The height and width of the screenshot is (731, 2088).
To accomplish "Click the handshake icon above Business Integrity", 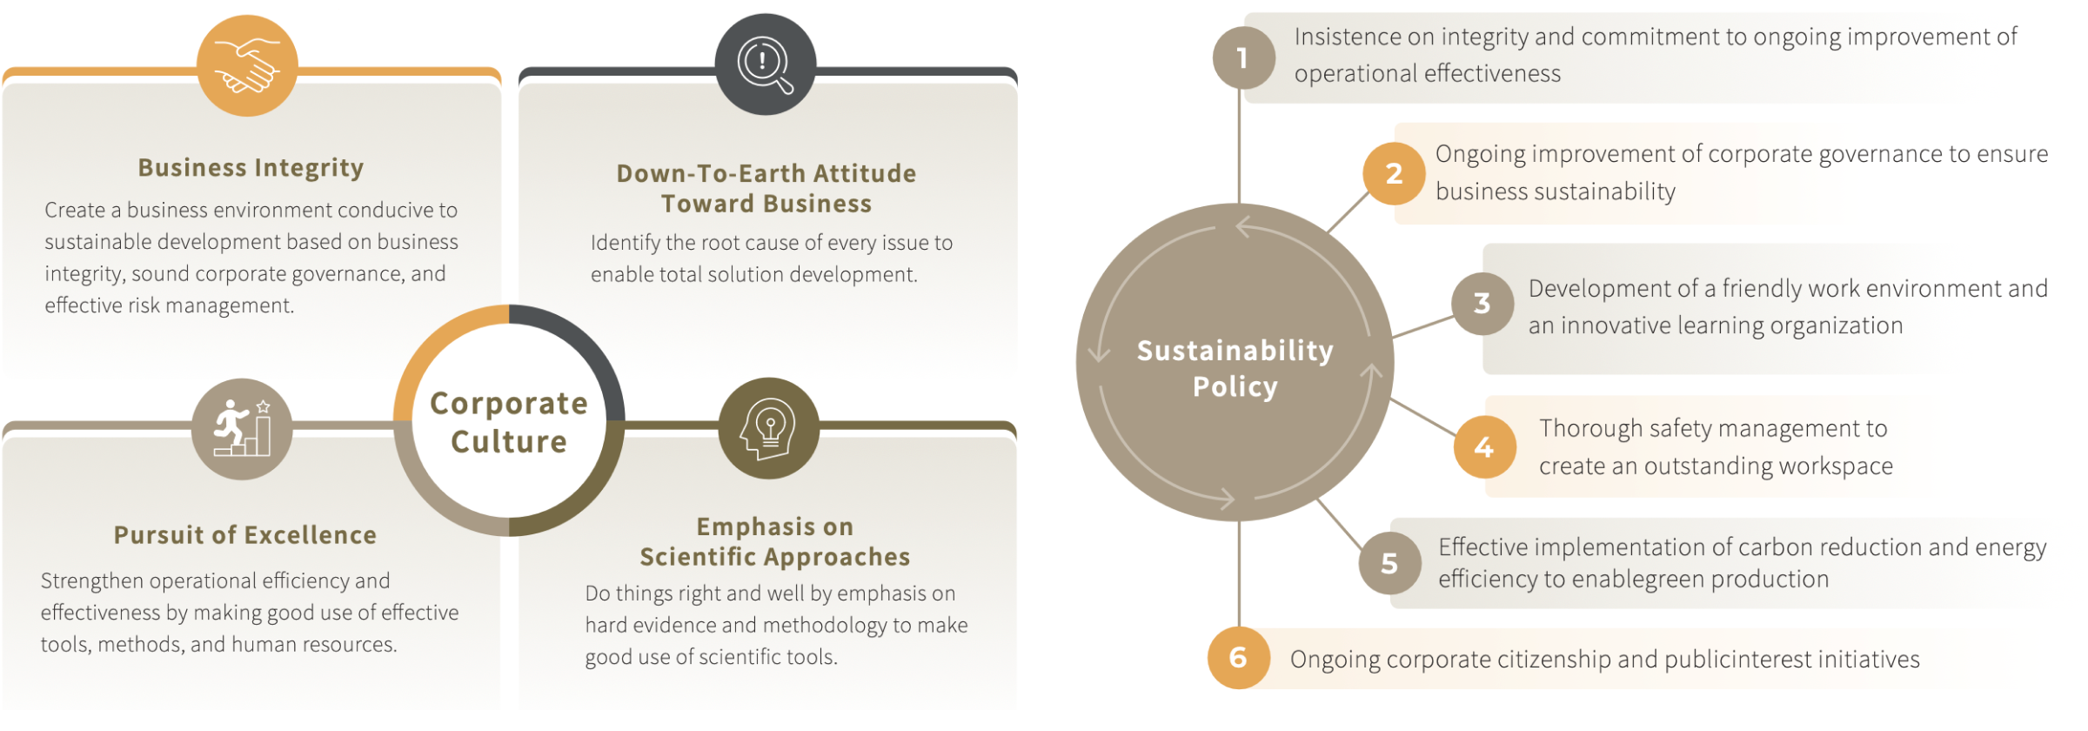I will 247,66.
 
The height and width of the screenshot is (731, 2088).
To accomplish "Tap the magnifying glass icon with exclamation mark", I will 766,64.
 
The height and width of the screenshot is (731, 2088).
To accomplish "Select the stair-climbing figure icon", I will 242,429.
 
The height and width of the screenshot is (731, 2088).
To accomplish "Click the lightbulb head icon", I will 769,428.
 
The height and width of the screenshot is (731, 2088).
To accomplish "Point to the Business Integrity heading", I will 251,167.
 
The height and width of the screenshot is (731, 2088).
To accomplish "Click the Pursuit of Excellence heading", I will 245,534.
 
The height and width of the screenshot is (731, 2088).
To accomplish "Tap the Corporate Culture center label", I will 509,422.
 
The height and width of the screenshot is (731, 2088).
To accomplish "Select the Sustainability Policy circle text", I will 1235,367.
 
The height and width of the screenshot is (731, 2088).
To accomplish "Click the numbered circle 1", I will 1243,57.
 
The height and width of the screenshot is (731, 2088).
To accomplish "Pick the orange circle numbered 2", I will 1394,173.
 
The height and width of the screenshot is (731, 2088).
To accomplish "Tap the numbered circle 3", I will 1482,303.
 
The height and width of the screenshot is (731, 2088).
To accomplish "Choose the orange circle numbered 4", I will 1484,446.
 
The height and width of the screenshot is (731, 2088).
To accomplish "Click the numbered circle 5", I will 1389,563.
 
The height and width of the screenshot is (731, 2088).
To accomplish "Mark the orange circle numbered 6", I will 1238,657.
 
